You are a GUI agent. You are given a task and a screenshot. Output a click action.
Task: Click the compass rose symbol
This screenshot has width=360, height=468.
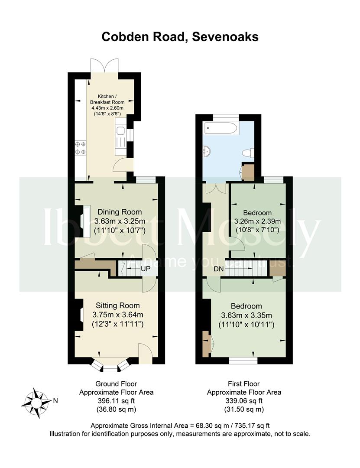(x=36, y=403)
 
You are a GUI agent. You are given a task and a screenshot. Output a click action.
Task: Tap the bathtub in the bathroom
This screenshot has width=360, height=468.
(x=221, y=129)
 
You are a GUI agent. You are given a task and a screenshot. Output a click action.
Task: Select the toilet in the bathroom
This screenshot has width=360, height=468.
(x=248, y=153)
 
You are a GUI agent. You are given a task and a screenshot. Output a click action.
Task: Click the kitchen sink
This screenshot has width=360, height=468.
(x=120, y=131)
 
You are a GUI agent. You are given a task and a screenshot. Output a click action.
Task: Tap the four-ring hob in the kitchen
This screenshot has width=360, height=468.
(x=80, y=148)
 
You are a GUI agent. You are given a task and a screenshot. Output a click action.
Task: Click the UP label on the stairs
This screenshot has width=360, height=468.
(x=146, y=269)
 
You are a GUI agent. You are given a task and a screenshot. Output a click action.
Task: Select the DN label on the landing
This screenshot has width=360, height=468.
(x=219, y=269)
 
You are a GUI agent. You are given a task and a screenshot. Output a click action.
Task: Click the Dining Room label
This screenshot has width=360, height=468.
(x=120, y=212)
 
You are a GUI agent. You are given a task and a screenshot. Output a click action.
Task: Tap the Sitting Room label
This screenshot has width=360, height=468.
(x=117, y=305)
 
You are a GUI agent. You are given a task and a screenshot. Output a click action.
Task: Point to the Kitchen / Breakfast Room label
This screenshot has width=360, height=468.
(x=107, y=99)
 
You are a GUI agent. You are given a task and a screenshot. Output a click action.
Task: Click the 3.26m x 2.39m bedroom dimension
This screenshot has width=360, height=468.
(x=257, y=221)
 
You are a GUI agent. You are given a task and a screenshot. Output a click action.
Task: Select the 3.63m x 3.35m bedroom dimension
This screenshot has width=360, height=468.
(x=246, y=315)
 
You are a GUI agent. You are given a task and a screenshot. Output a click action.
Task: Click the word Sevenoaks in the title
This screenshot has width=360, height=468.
(x=225, y=37)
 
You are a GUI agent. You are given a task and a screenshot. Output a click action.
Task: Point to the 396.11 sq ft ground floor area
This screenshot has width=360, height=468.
(x=116, y=401)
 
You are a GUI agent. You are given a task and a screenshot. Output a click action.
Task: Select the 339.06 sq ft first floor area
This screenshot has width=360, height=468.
(x=244, y=401)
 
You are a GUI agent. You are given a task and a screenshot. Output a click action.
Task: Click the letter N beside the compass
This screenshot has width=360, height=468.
(x=55, y=401)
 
